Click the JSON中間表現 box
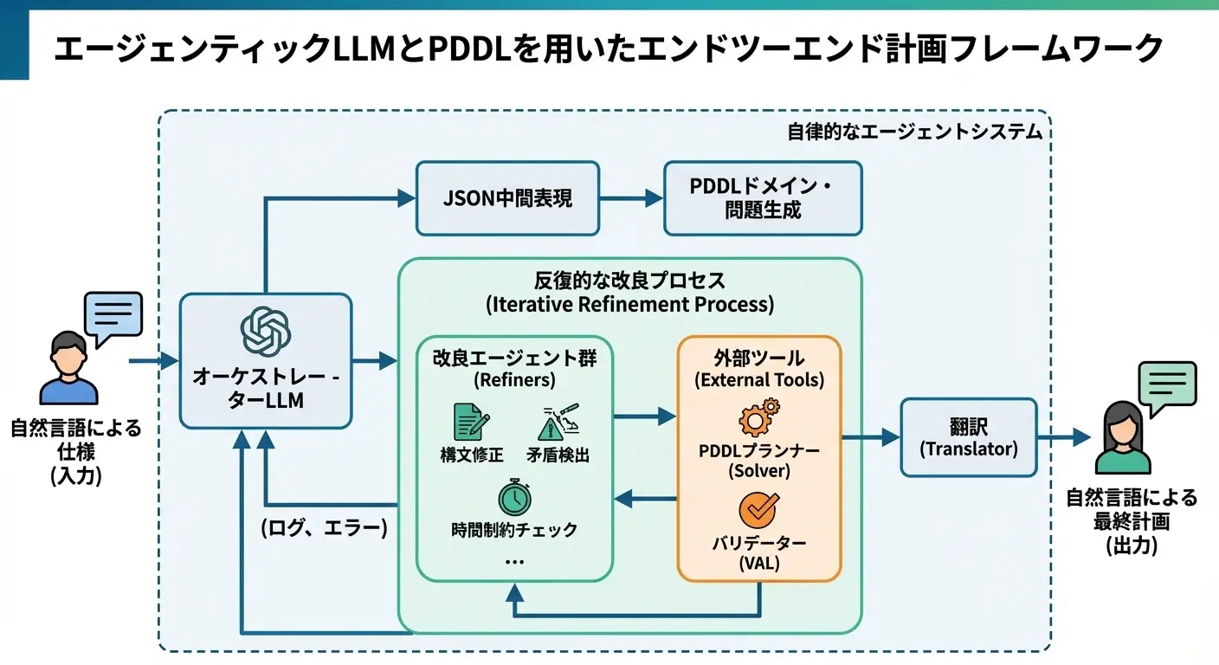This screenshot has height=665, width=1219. [507, 198]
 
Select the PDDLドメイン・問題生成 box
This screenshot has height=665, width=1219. [763, 198]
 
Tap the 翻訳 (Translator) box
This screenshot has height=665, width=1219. [968, 437]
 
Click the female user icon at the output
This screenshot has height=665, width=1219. [1123, 437]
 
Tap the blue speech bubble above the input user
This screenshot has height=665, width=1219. [113, 316]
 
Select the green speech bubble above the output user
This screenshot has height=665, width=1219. [1167, 386]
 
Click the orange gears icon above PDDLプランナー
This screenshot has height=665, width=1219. [758, 417]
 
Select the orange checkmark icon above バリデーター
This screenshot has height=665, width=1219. [758, 510]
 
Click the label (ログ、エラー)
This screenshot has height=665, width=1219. [324, 528]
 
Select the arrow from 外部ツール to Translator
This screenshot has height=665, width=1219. [870, 437]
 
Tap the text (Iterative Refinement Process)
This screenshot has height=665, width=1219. [629, 305]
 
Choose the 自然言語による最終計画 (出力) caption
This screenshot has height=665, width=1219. [1131, 521]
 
